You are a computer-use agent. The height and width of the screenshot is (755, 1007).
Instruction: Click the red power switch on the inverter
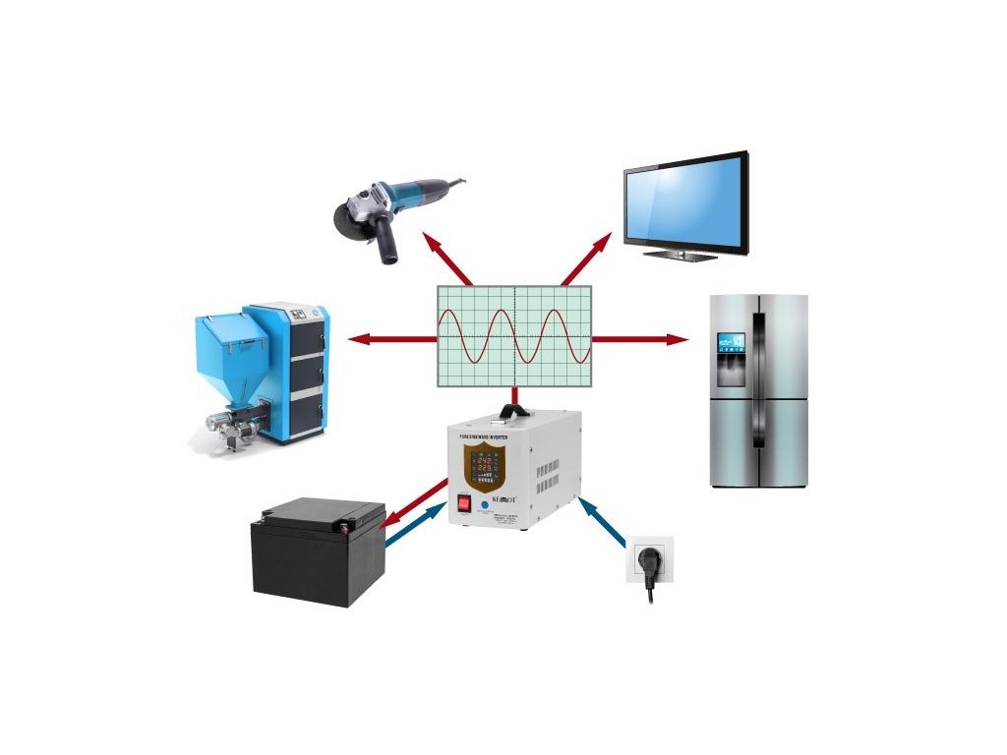462,504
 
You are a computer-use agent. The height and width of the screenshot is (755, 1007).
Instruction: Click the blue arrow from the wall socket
604,522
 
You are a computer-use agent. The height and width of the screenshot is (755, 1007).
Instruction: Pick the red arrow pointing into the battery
413,503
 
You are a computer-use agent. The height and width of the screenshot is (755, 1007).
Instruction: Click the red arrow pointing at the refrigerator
639,339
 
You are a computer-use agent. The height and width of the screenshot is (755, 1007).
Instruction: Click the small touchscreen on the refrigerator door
732,344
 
